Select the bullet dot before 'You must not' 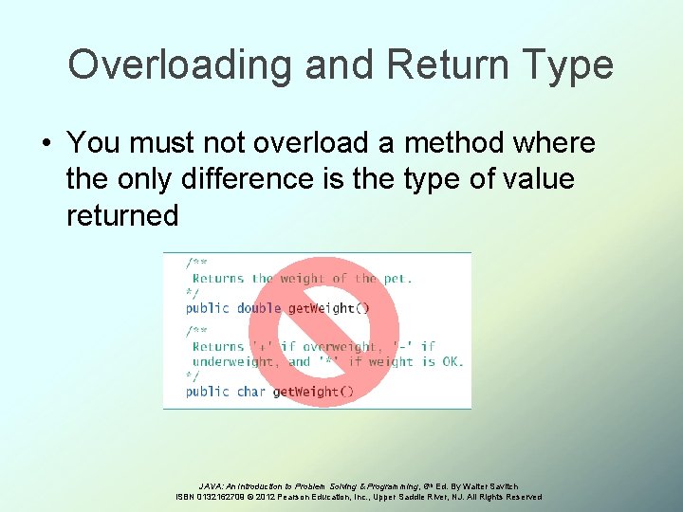tap(46, 144)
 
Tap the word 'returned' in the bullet tap(122, 215)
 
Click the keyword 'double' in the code tap(259, 308)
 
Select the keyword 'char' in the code tap(251, 391)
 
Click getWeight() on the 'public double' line tap(328, 308)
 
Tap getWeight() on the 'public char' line tap(313, 391)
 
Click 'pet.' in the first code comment tap(397, 279)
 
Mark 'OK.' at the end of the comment tap(451, 361)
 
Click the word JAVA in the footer tap(212, 485)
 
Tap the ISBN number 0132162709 tap(222, 497)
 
